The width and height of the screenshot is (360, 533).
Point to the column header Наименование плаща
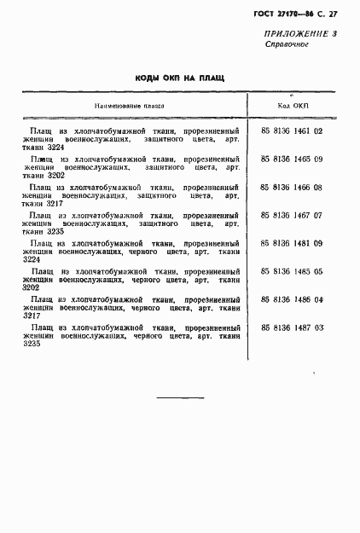(130, 107)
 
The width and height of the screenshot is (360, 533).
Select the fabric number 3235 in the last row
(32, 344)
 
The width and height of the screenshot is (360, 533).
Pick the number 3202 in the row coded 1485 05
(32, 288)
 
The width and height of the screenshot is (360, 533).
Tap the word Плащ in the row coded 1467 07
(40, 216)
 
